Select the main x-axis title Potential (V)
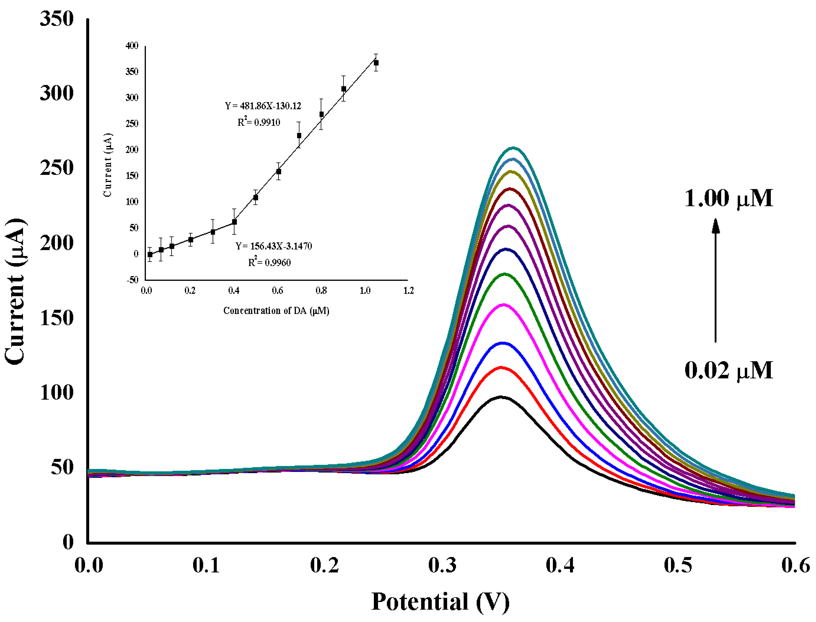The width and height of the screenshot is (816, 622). tap(440, 602)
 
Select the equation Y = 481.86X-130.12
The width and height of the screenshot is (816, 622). tap(263, 106)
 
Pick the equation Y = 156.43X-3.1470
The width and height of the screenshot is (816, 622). tap(274, 246)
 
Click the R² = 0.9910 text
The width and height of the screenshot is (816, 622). tap(259, 122)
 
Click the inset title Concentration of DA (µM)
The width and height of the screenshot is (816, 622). tap(276, 311)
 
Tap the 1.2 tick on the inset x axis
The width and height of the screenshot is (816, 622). tap(408, 291)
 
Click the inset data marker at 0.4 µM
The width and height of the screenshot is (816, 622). tap(234, 222)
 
